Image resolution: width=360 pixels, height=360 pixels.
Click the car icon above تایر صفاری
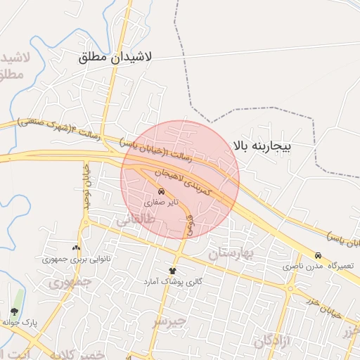162,191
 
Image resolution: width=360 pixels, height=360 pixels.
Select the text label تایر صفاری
162,202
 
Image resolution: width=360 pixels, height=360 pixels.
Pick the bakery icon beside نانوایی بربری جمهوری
76,247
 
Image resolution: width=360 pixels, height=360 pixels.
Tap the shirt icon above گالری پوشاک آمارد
172,270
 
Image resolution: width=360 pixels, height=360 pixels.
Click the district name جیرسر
170,321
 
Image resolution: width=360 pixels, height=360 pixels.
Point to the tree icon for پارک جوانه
14,311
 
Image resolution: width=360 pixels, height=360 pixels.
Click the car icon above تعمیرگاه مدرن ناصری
319,256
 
